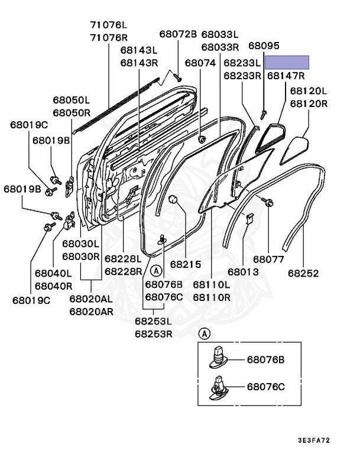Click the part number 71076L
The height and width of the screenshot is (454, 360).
pyautogui.click(x=109, y=25)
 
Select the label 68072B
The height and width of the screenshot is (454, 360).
pyautogui.click(x=178, y=34)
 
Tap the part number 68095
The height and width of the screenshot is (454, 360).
pyautogui.click(x=264, y=46)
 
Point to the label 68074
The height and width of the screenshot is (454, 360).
pyautogui.click(x=200, y=62)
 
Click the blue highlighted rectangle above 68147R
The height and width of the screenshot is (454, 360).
pyautogui.click(x=287, y=63)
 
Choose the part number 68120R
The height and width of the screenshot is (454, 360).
pyautogui.click(x=308, y=103)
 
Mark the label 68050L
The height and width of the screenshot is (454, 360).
pyautogui.click(x=71, y=100)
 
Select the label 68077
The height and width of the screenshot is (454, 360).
pyautogui.click(x=268, y=259)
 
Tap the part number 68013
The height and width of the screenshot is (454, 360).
pyautogui.click(x=244, y=273)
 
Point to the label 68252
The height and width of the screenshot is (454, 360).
pyautogui.click(x=304, y=273)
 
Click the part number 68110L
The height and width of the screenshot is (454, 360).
pyautogui.click(x=212, y=284)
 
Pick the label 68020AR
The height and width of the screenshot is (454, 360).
pyautogui.click(x=90, y=311)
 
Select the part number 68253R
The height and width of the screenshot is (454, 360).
pyautogui.click(x=153, y=333)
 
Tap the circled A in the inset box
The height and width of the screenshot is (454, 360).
pyautogui.click(x=205, y=334)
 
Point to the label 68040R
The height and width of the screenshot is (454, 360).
pyautogui.click(x=53, y=286)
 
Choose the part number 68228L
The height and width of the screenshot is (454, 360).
pyautogui.click(x=124, y=259)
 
